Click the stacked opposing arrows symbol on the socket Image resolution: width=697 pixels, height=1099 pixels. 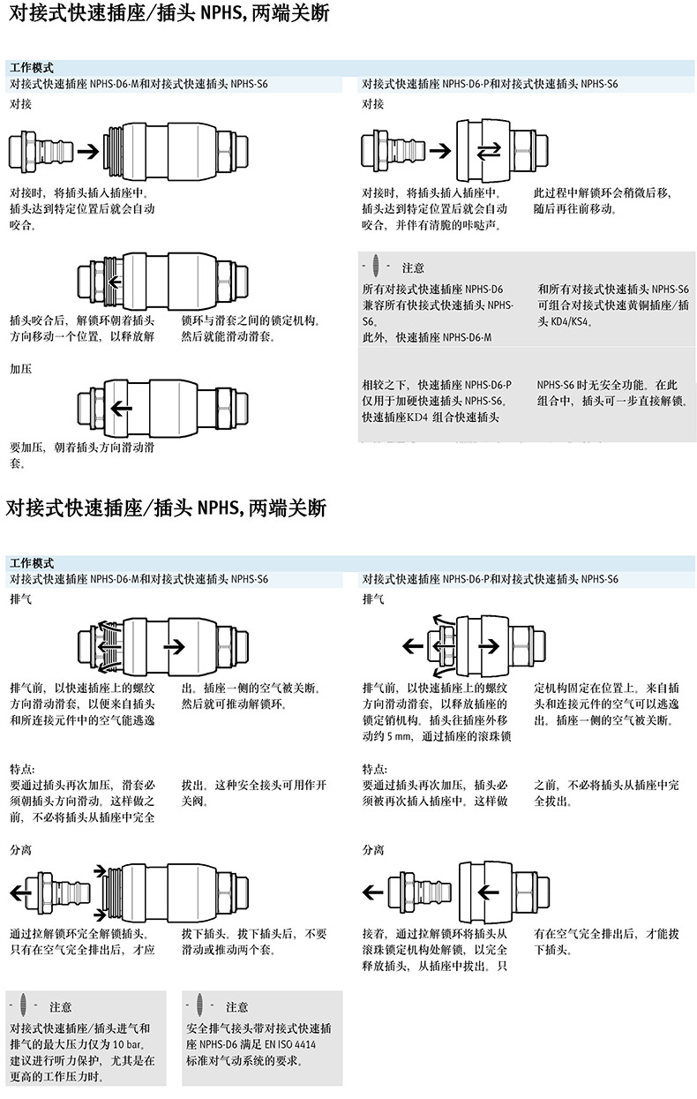click(x=487, y=152)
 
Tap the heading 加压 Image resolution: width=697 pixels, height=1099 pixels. click(x=21, y=368)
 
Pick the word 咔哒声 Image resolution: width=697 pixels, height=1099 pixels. click(x=478, y=225)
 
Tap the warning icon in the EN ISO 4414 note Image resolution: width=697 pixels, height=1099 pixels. click(x=199, y=1006)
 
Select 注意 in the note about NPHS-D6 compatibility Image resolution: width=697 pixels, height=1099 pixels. click(x=413, y=267)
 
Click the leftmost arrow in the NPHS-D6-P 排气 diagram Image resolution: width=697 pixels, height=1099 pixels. click(x=412, y=646)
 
